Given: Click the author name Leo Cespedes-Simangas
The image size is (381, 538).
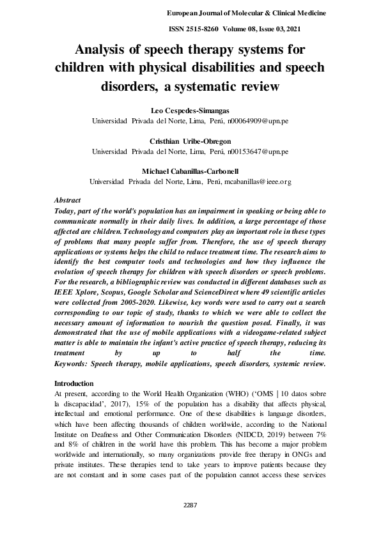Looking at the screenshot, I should [x=190, y=111].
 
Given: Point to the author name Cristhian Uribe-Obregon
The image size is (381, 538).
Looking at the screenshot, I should [x=190, y=141].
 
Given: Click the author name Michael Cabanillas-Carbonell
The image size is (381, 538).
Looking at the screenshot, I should [x=190, y=172].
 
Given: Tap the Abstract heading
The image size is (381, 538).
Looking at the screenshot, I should [x=68, y=200].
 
